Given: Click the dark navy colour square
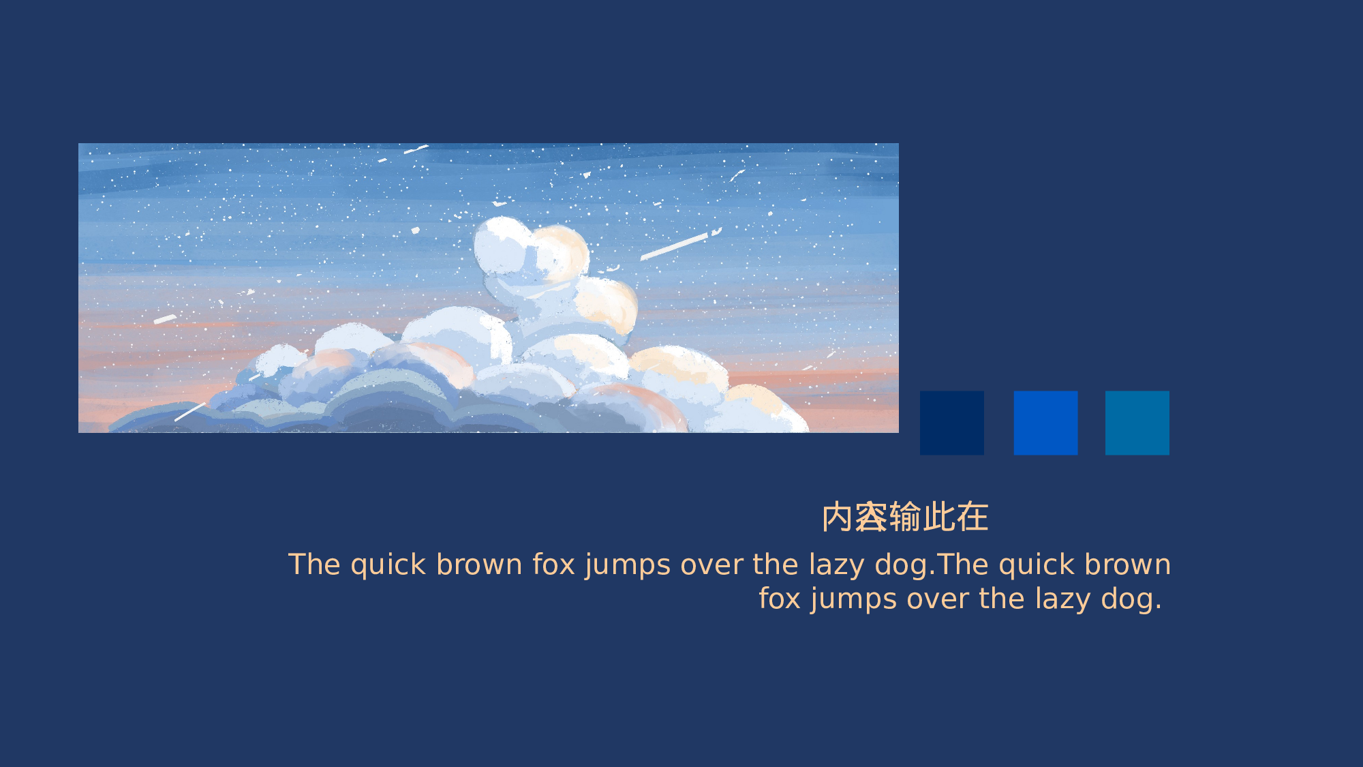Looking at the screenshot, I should click(x=951, y=423).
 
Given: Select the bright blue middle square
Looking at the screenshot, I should click(x=1045, y=423).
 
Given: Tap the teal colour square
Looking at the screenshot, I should click(x=1137, y=423).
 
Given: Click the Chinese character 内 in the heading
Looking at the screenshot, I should click(x=838, y=517).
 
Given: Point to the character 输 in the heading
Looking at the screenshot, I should click(x=906, y=517).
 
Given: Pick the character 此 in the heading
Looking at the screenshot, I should click(x=939, y=517).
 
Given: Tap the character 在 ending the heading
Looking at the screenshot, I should click(x=973, y=517).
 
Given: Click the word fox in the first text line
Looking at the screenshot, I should click(x=553, y=565).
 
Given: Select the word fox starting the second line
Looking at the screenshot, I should click(x=780, y=599).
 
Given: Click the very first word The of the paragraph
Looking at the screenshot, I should click(x=313, y=565).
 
